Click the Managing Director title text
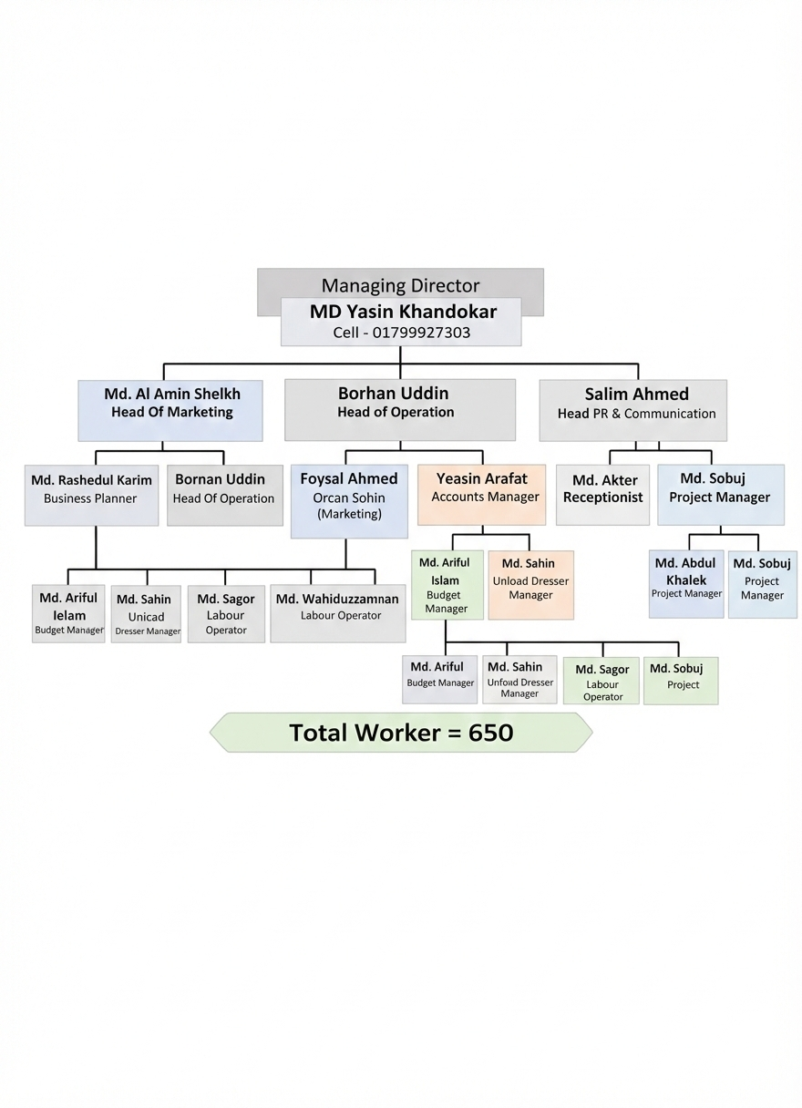click(400, 285)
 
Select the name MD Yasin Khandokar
click(403, 312)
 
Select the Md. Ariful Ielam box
click(69, 613)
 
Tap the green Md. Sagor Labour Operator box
click(602, 682)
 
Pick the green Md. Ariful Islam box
click(446, 585)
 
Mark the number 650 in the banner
click(490, 733)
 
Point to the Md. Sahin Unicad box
click(146, 614)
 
